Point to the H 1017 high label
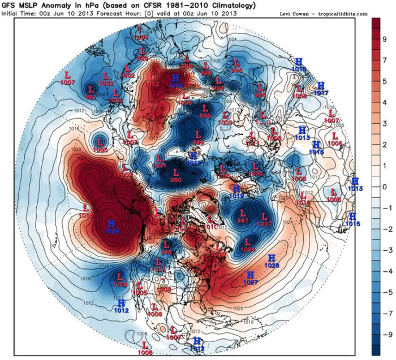click(321, 89)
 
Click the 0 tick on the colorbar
click(385, 186)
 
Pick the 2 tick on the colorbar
click(385, 154)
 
